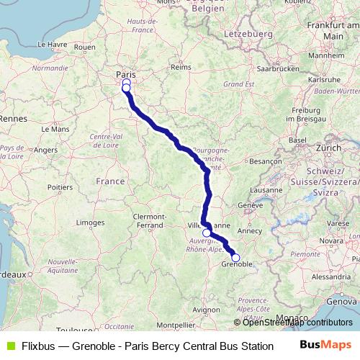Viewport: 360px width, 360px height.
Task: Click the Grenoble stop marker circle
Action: [x=235, y=258]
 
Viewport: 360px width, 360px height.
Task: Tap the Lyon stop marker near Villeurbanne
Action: [x=207, y=233]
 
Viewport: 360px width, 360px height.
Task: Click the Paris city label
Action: [x=125, y=74]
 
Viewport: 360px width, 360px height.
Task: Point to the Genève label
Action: [x=251, y=204]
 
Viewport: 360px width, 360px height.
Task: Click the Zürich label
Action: [x=328, y=147]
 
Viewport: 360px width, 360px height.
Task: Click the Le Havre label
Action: [x=51, y=44]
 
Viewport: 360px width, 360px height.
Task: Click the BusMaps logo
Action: [x=325, y=346]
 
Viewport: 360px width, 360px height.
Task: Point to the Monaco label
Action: [x=296, y=318]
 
